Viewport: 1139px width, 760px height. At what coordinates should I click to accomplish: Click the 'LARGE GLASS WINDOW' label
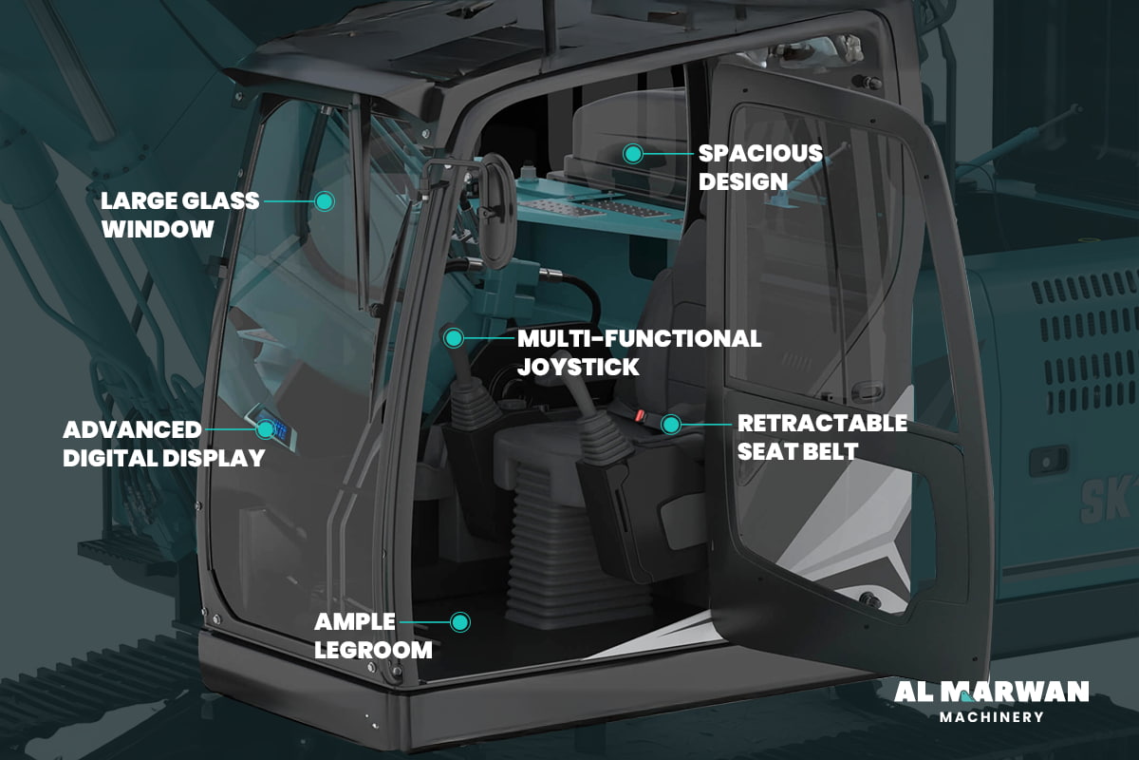pyautogui.click(x=180, y=215)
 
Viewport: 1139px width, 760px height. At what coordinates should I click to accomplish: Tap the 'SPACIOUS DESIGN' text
pyautogui.click(x=760, y=167)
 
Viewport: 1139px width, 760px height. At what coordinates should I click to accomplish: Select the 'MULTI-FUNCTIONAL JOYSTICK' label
pyautogui.click(x=638, y=352)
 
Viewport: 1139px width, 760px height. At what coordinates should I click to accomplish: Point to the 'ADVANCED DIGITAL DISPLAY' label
pyautogui.click(x=163, y=444)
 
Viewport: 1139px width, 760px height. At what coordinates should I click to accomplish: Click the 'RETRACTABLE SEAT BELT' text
pyautogui.click(x=822, y=437)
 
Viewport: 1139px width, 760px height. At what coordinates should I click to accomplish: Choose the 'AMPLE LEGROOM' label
pyautogui.click(x=373, y=636)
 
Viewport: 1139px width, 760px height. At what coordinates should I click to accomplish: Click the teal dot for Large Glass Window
pyautogui.click(x=325, y=201)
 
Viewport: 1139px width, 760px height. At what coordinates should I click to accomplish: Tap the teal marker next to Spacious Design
pyautogui.click(x=632, y=152)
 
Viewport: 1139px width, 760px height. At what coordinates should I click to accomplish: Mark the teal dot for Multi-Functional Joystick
pyautogui.click(x=454, y=337)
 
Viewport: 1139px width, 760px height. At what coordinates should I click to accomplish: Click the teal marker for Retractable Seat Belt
pyautogui.click(x=670, y=424)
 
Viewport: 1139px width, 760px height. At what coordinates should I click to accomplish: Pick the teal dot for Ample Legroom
pyautogui.click(x=460, y=622)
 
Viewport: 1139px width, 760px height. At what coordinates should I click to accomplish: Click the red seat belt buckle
pyautogui.click(x=641, y=416)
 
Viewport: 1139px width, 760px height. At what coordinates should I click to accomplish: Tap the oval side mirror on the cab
pyautogui.click(x=495, y=204)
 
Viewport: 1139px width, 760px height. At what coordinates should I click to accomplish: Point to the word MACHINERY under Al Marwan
pyautogui.click(x=991, y=717)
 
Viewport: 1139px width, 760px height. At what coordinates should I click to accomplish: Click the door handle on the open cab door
pyautogui.click(x=867, y=391)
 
